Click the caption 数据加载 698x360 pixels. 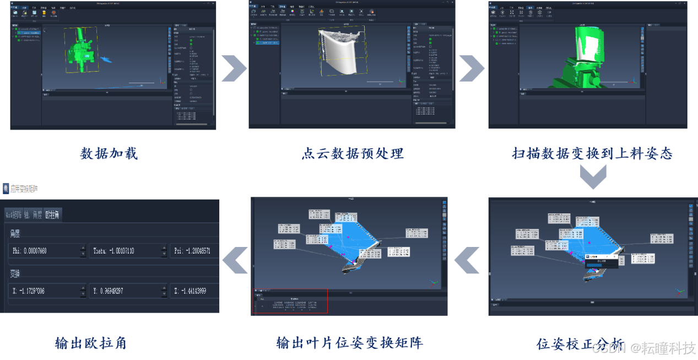pyautogui.click(x=109, y=153)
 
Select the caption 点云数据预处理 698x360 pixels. pyautogui.click(x=353, y=153)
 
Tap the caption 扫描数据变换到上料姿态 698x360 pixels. pyautogui.click(x=592, y=153)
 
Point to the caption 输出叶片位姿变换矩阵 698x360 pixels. pyautogui.click(x=349, y=343)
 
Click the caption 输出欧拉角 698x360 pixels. pyautogui.click(x=91, y=343)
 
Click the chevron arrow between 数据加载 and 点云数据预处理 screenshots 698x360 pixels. pyautogui.click(x=234, y=68)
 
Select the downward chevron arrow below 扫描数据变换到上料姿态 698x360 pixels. pyautogui.click(x=593, y=177)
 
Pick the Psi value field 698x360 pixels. pyautogui.click(x=194, y=251)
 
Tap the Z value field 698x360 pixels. pyautogui.click(x=194, y=291)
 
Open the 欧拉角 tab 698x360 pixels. pyautogui.click(x=53, y=215)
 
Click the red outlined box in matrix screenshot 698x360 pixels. pyautogui.click(x=290, y=300)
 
